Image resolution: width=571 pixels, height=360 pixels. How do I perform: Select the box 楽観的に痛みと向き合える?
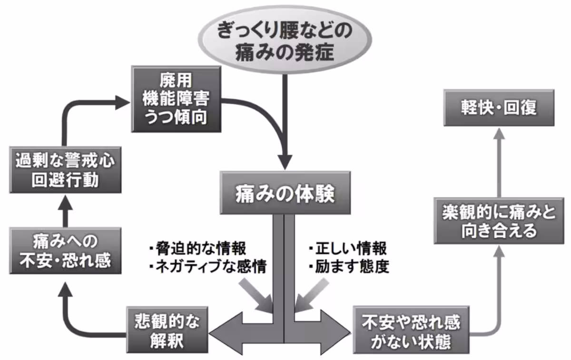coord(497,221)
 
